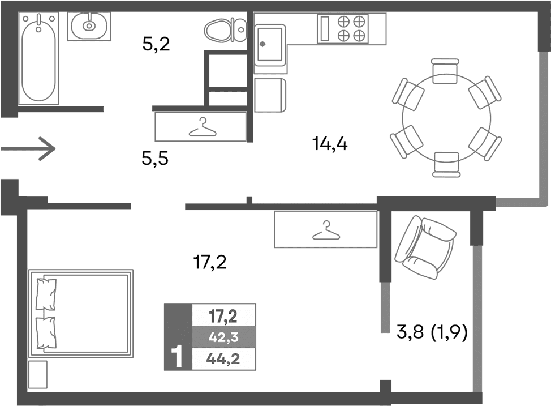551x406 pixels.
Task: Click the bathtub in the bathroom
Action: (x=39, y=59)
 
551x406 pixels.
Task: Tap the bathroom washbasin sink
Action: (x=89, y=26)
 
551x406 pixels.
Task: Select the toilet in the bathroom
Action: (x=225, y=29)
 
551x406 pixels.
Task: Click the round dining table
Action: (x=446, y=118)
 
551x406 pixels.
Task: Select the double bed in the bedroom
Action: (x=81, y=313)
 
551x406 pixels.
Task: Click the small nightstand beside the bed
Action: (x=38, y=374)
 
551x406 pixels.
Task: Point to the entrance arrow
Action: (x=28, y=149)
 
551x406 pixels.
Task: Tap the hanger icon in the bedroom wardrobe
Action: (x=325, y=230)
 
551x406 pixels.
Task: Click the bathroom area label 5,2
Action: (x=156, y=44)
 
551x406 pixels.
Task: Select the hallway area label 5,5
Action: (x=156, y=160)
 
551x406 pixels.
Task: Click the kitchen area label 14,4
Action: (x=329, y=144)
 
